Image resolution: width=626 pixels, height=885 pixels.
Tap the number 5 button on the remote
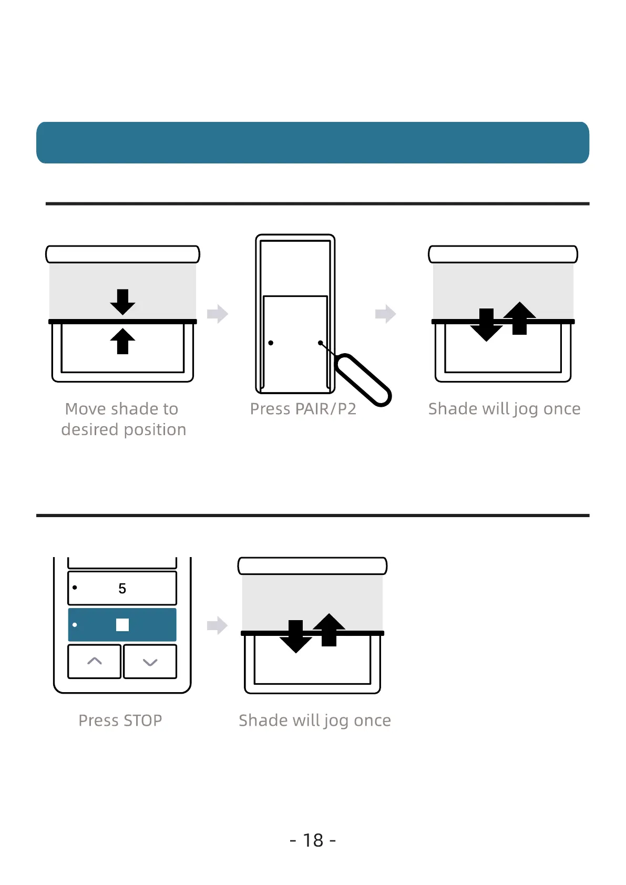[x=122, y=588]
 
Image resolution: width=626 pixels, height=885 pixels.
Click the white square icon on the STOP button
[x=122, y=624]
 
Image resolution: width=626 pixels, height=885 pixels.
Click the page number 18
[x=313, y=840]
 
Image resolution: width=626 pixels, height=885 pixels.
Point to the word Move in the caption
[x=85, y=409]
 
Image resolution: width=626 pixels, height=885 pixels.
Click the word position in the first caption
[x=155, y=430]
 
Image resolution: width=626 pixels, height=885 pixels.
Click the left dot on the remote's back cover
[x=271, y=343]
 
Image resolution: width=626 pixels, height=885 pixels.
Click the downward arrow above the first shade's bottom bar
[x=122, y=302]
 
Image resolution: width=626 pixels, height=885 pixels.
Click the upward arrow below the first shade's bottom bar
[x=122, y=341]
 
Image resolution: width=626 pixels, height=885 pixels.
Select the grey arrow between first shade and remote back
[x=217, y=314]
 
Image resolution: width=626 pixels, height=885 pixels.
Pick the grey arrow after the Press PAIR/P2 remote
[x=385, y=314]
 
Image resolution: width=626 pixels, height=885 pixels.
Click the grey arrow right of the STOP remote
[x=217, y=625]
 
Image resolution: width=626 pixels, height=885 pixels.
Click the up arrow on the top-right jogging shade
[x=519, y=317]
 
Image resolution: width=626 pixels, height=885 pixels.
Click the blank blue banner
[x=313, y=142]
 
